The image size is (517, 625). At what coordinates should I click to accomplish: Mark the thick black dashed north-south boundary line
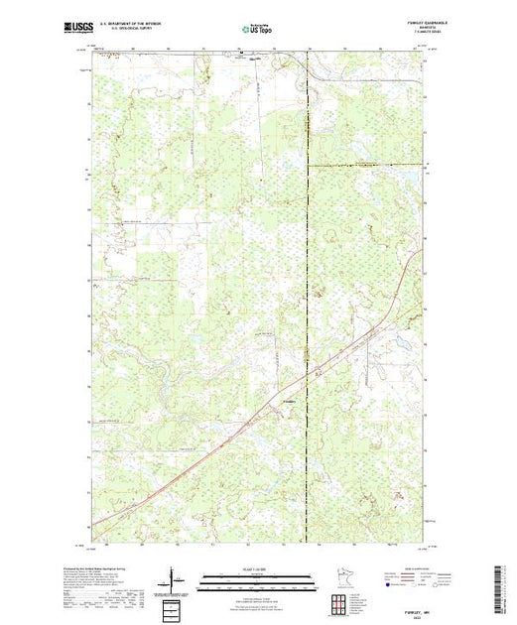(x=308, y=248)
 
